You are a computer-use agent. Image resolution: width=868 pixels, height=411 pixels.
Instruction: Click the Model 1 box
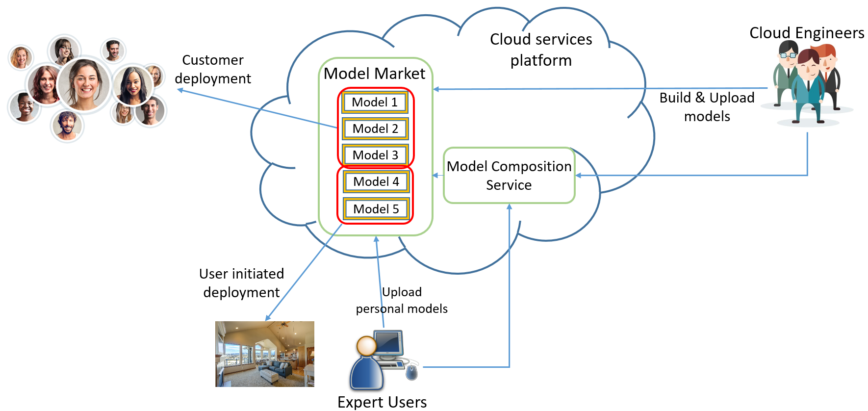pos(375,102)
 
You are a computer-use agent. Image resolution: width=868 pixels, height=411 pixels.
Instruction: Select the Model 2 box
pos(375,128)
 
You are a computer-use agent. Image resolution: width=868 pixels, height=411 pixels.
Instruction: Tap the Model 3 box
pos(375,155)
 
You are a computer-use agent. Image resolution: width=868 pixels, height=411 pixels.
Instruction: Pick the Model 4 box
pos(376,181)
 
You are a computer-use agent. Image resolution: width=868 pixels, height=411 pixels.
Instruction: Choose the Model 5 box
pos(376,209)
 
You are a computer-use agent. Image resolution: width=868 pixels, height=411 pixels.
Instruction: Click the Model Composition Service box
pos(509,176)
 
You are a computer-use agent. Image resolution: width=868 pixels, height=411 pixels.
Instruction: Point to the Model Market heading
pos(374,74)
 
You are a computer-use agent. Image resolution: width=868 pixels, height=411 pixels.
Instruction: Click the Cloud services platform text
pos(541,50)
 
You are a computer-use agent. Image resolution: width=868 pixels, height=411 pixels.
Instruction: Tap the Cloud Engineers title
pos(807,33)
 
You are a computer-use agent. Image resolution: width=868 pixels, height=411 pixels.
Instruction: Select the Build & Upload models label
pos(707,107)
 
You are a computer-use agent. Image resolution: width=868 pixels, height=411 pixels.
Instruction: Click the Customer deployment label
pos(213,69)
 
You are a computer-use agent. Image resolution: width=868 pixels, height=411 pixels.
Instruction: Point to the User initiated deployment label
pos(241,283)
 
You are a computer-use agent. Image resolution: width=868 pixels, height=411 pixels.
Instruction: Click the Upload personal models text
pos(402,300)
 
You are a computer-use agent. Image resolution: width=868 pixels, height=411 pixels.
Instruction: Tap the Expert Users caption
pos(382,402)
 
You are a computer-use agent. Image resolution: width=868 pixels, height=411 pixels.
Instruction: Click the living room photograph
pos(265,354)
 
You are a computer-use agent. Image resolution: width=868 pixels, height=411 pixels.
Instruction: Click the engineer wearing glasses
pos(788,69)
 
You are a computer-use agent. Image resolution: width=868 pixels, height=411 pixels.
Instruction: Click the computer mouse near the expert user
pos(412,372)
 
